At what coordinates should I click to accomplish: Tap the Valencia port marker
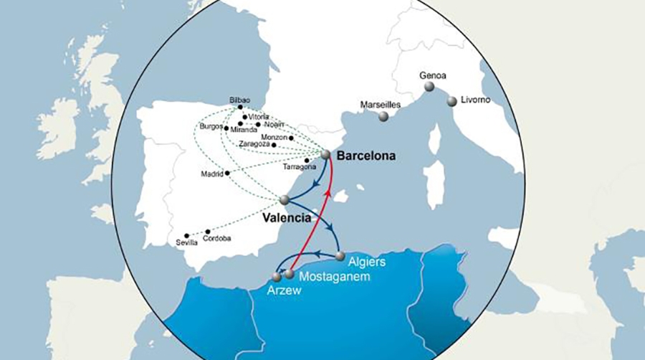point(285,199)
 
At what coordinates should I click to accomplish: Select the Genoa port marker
point(429,87)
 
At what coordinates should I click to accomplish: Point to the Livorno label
point(475,100)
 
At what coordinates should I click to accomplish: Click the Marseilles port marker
point(384,116)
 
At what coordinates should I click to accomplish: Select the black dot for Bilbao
point(241,108)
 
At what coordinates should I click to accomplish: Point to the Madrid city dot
point(227,173)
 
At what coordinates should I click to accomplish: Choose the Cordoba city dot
point(207,232)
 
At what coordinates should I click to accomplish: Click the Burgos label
point(211,126)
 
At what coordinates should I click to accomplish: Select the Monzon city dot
point(291,137)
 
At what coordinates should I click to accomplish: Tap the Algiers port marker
point(340,256)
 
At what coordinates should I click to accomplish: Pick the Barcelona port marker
point(325,154)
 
